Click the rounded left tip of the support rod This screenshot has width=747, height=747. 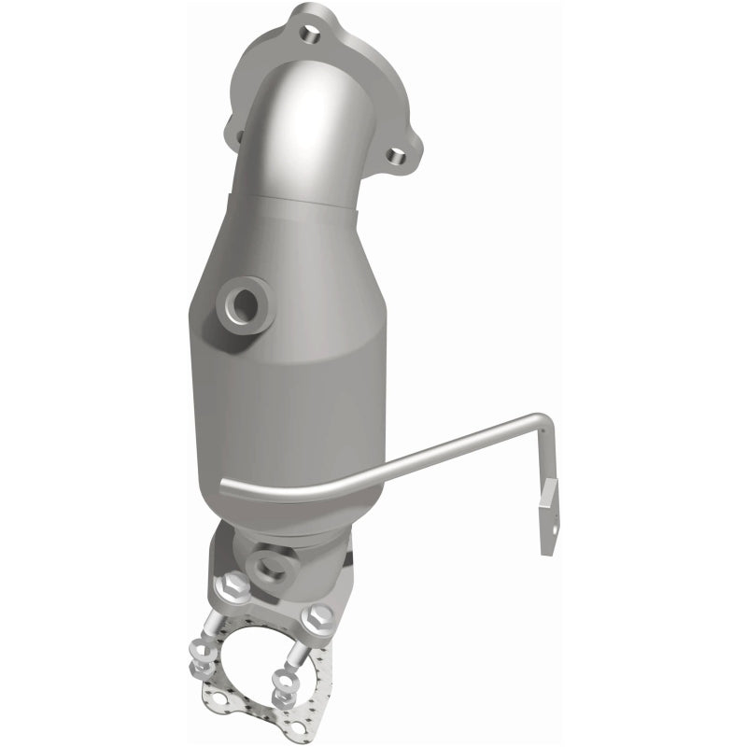pyautogui.click(x=226, y=483)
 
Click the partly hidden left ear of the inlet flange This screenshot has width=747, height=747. pyautogui.click(x=240, y=139)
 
